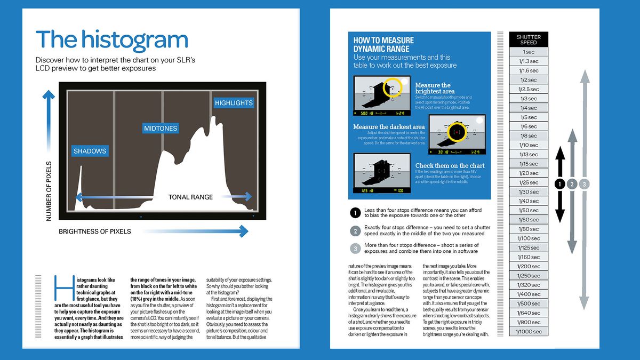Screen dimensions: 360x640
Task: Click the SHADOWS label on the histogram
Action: pyautogui.click(x=90, y=151)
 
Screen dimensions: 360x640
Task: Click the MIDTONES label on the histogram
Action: pyautogui.click(x=161, y=129)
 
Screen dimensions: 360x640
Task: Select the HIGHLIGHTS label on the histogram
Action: pyautogui.click(x=234, y=103)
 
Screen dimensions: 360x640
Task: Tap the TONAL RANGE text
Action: pyautogui.click(x=190, y=197)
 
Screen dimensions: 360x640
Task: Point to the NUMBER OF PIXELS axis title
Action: pyautogui.click(x=49, y=191)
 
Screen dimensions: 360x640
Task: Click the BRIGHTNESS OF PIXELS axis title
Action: pyautogui.click(x=95, y=231)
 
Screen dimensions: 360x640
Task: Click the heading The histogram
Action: pyautogui.click(x=111, y=40)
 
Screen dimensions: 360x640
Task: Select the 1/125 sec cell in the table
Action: pyautogui.click(x=528, y=247)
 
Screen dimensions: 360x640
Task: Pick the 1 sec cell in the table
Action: pyautogui.click(x=528, y=52)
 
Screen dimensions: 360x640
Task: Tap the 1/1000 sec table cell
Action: pyautogui.click(x=528, y=332)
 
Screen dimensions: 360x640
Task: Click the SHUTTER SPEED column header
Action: pyautogui.click(x=529, y=39)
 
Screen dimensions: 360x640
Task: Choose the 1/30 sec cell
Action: pyautogui.click(x=528, y=191)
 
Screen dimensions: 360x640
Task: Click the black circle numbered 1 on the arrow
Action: pyautogui.click(x=559, y=184)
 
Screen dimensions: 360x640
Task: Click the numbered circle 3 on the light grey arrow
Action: pyautogui.click(x=585, y=184)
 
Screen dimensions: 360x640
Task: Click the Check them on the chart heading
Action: pyautogui.click(x=450, y=165)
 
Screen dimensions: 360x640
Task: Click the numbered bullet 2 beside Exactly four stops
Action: pyautogui.click(x=356, y=231)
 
